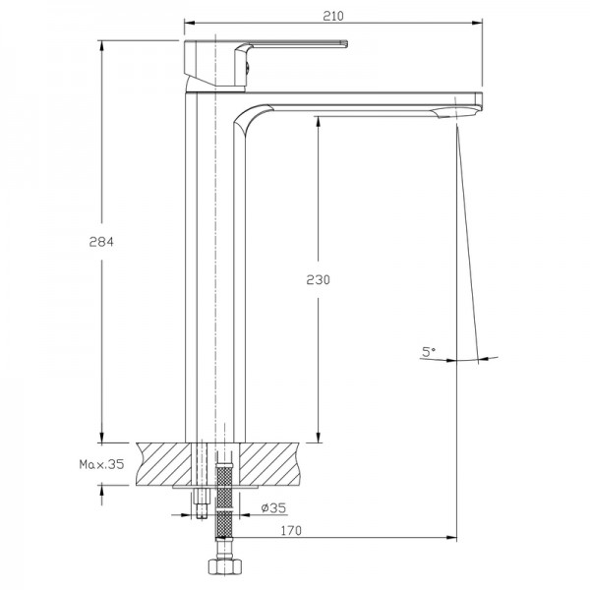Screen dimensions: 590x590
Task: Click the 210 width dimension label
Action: click(333, 16)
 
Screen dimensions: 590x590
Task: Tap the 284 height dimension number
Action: click(101, 242)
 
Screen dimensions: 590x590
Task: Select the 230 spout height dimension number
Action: click(318, 279)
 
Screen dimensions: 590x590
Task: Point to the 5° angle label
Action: click(428, 352)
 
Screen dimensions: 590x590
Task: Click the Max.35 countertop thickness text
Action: click(101, 464)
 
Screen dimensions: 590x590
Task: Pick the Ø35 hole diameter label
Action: click(273, 508)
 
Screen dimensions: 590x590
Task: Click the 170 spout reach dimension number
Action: click(291, 531)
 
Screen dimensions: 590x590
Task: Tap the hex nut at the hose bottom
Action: click(223, 565)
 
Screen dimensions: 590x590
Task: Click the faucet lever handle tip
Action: click(344, 44)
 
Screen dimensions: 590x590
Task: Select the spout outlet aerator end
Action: click(456, 112)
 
